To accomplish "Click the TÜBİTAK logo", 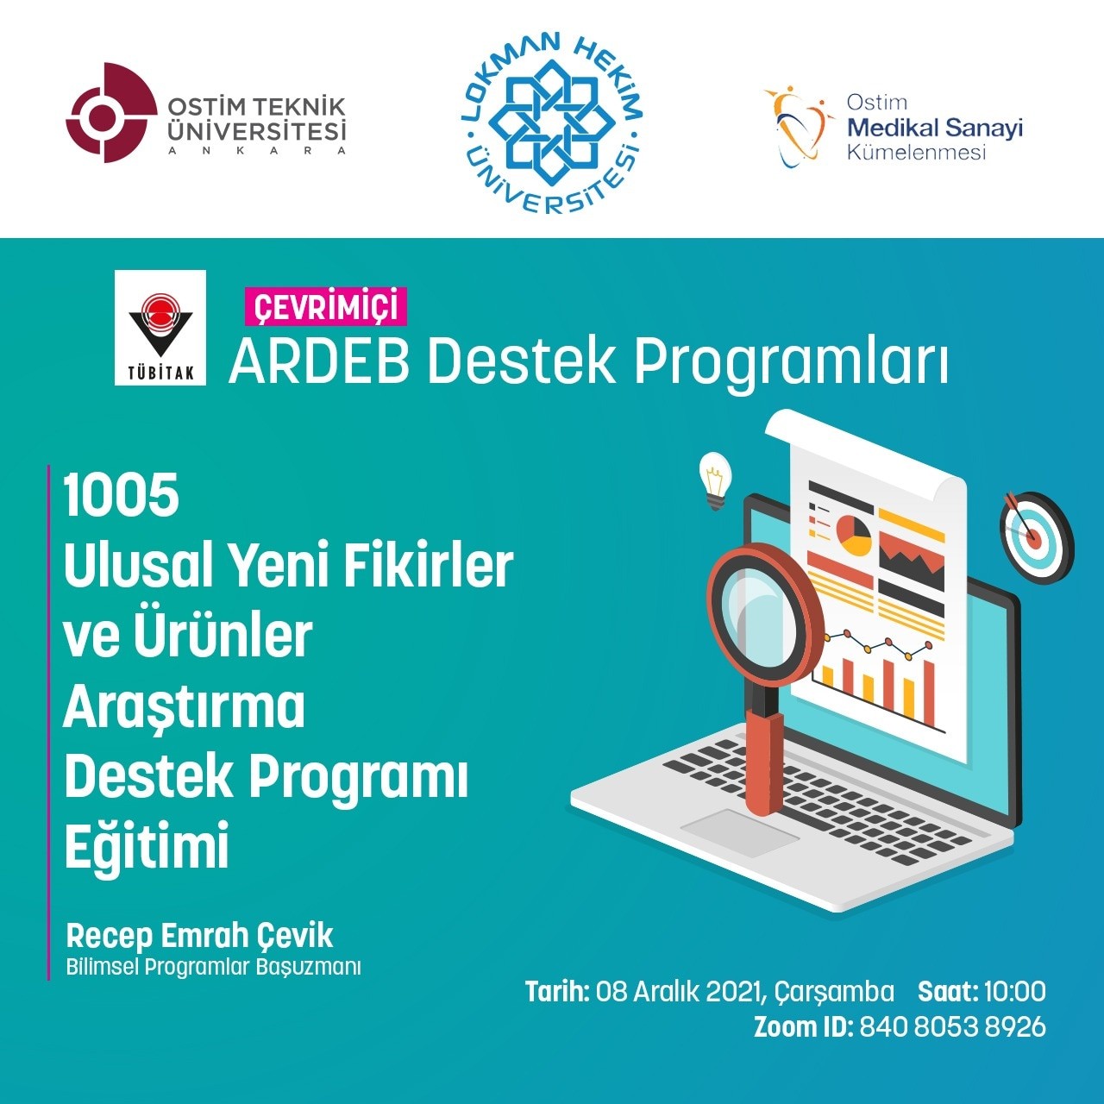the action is point(160,328).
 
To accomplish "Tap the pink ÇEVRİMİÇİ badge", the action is point(325,306).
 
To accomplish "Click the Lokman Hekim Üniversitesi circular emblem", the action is point(552,123).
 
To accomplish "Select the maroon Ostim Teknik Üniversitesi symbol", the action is point(111,113).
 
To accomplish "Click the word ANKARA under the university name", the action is point(257,151).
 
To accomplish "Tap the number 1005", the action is point(122,496).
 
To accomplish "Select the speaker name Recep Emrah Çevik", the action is point(199,936).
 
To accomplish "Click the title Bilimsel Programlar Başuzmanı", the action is point(214,967).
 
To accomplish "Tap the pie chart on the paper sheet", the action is point(854,535).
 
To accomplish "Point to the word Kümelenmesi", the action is point(917,153).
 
